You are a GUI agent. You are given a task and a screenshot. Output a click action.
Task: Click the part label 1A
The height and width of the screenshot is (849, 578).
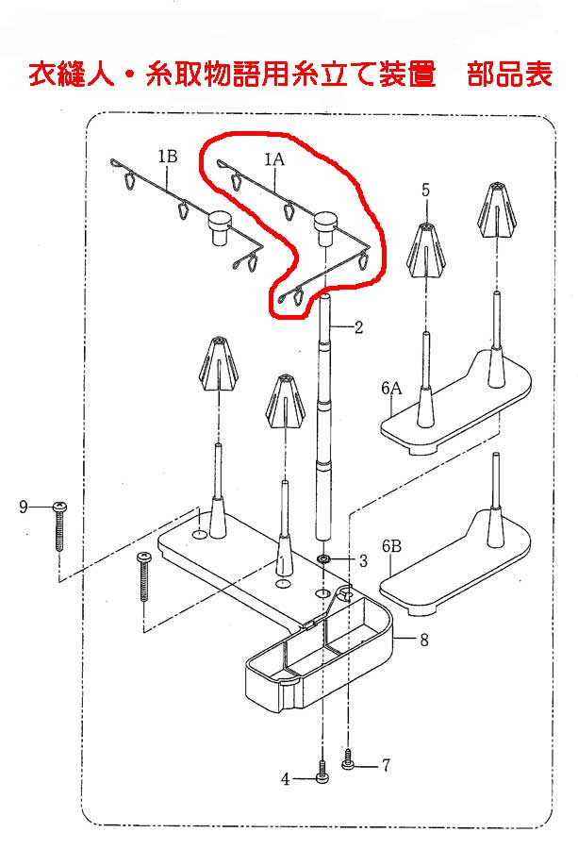pyautogui.click(x=274, y=159)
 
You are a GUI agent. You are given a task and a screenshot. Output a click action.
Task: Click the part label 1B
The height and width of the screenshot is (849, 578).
pyautogui.click(x=167, y=157)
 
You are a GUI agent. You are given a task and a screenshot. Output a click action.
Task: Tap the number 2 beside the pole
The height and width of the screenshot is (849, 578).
pyautogui.click(x=358, y=327)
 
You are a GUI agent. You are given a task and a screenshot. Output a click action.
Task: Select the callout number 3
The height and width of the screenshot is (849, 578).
pyautogui.click(x=363, y=561)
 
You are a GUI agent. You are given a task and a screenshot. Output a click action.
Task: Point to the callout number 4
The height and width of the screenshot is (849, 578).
pyautogui.click(x=285, y=779)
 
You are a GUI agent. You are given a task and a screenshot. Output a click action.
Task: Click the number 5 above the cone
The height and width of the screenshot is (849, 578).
pyautogui.click(x=426, y=190)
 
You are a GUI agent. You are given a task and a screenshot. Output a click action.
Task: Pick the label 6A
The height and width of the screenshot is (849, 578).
pyautogui.click(x=391, y=389)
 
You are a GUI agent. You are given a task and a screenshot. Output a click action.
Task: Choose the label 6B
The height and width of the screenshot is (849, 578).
pyautogui.click(x=391, y=546)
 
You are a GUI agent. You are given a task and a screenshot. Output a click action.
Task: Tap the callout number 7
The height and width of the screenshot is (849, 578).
pyautogui.click(x=386, y=765)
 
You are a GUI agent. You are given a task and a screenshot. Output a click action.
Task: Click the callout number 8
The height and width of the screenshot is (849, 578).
pyautogui.click(x=424, y=640)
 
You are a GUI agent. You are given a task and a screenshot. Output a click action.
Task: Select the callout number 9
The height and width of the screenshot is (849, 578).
pyautogui.click(x=24, y=507)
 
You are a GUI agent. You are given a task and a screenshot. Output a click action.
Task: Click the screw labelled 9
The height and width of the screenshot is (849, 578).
pyautogui.click(x=59, y=526)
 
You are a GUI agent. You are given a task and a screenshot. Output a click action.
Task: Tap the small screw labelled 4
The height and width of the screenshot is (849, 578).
pyautogui.click(x=322, y=772)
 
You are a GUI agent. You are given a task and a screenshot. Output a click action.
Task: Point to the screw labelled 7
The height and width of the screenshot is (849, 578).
pyautogui.click(x=348, y=759)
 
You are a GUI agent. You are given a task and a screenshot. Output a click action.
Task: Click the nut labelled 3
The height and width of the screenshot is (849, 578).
pyautogui.click(x=324, y=558)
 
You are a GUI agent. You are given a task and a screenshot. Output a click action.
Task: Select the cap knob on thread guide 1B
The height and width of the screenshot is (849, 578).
pyautogui.click(x=219, y=227)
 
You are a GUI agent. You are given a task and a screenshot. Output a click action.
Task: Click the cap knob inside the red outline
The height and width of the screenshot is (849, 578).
pyautogui.click(x=326, y=227)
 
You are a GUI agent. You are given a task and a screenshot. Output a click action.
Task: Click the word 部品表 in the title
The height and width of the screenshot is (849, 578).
pyautogui.click(x=510, y=74)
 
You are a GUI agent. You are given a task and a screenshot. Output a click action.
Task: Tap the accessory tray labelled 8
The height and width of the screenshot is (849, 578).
pyautogui.click(x=320, y=650)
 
